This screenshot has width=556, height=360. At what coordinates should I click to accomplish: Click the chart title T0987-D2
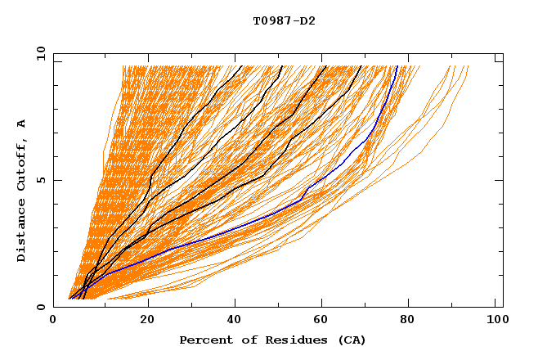tap(284, 21)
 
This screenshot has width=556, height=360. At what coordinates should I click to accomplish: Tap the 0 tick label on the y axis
tap(41, 307)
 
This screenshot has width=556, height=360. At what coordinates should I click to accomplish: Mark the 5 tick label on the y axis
tap(41, 180)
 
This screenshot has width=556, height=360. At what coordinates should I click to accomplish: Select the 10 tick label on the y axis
tap(38, 53)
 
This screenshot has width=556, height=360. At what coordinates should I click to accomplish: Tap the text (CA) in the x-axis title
tap(349, 340)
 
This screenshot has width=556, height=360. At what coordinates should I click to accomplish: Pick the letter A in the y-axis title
tap(21, 124)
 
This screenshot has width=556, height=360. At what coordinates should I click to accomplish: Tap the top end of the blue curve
tap(397, 66)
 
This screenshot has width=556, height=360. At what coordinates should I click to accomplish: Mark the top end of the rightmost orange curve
tap(469, 66)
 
